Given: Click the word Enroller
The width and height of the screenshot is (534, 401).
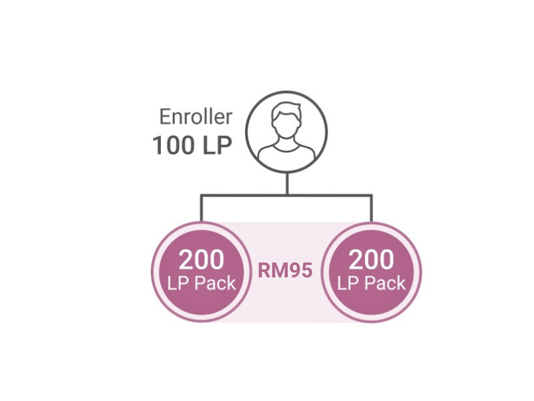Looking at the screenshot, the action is point(196,116).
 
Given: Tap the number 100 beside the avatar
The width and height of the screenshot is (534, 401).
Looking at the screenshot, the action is point(173,145).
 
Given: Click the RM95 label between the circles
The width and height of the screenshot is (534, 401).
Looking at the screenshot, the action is point(286,271).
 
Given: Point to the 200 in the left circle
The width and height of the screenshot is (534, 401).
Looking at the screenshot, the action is point(202,260).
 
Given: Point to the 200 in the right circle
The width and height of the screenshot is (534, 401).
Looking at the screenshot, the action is point(371,260).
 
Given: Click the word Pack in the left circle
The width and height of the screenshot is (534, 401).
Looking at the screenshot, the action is point(216,283).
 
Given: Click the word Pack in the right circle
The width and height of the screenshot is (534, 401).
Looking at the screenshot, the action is point(386,283).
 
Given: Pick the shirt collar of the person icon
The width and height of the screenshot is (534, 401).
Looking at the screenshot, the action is point(286,147).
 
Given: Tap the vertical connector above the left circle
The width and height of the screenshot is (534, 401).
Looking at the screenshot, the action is point(202,209).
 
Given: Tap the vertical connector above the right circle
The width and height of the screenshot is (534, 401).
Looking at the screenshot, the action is point(371,209).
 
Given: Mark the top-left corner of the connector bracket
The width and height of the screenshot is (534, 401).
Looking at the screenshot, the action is point(202,195).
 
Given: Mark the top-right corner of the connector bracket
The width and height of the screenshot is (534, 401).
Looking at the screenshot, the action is point(371,195).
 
